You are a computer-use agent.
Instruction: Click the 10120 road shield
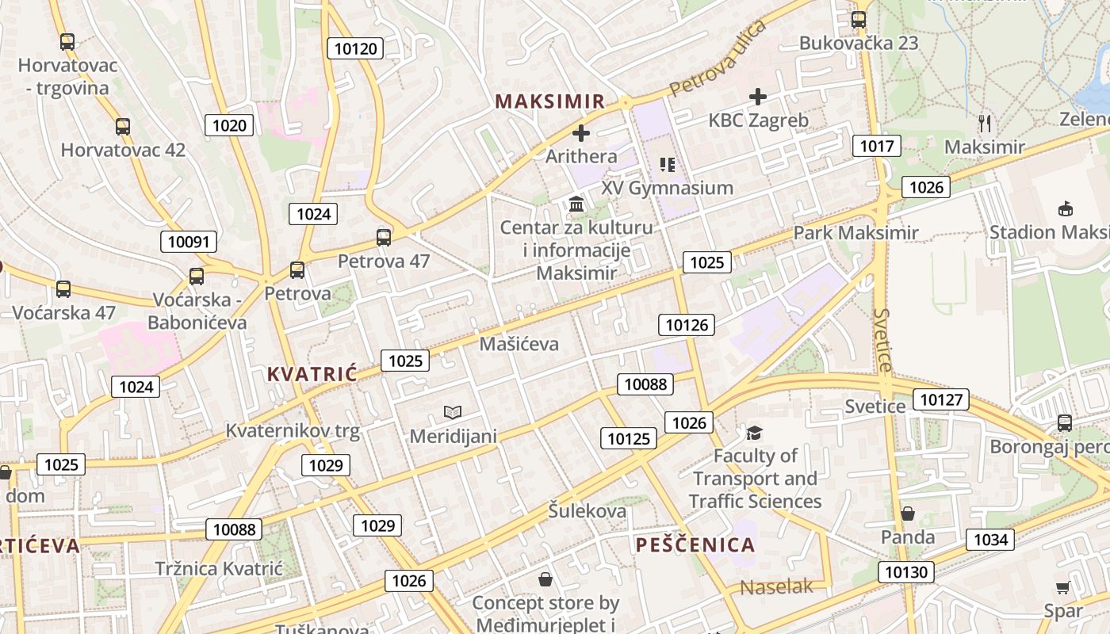pos(356,48)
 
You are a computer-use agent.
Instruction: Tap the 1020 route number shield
pos(230,124)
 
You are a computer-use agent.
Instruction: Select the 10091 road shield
pos(189,242)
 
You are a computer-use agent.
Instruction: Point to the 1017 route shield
pos(876,146)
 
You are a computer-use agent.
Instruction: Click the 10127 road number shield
pos(941,399)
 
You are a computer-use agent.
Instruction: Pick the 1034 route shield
pos(990,540)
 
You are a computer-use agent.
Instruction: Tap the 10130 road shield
pos(906,571)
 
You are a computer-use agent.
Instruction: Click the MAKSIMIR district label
pos(550,101)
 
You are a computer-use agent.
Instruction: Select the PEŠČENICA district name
pos(695,544)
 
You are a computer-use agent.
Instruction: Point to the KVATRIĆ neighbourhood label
pos(312,374)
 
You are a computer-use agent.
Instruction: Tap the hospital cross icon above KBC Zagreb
pos(758,97)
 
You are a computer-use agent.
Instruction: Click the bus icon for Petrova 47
pos(384,237)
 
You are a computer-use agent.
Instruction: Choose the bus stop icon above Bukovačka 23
pos(859,20)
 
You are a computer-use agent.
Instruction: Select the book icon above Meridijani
pos(453,412)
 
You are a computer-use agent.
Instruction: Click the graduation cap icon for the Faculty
pos(754,433)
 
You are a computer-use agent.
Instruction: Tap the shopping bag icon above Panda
pos(908,514)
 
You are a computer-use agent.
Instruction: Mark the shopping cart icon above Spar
pos(1063,587)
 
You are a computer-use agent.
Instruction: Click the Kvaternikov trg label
pos(293,431)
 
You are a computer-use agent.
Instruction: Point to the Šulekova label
pos(587,511)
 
